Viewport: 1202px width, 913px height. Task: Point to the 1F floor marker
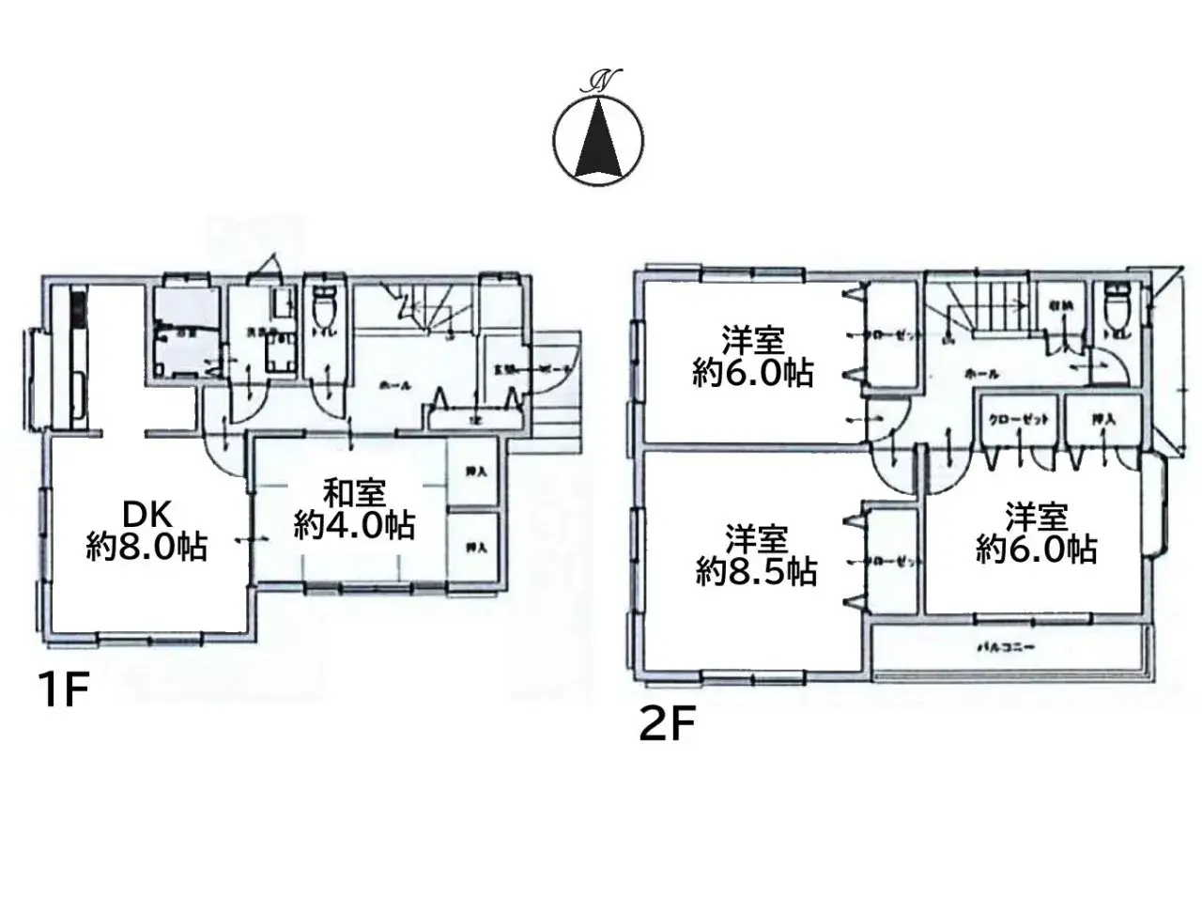(x=63, y=692)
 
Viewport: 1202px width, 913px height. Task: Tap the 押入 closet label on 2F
(x=1102, y=420)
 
